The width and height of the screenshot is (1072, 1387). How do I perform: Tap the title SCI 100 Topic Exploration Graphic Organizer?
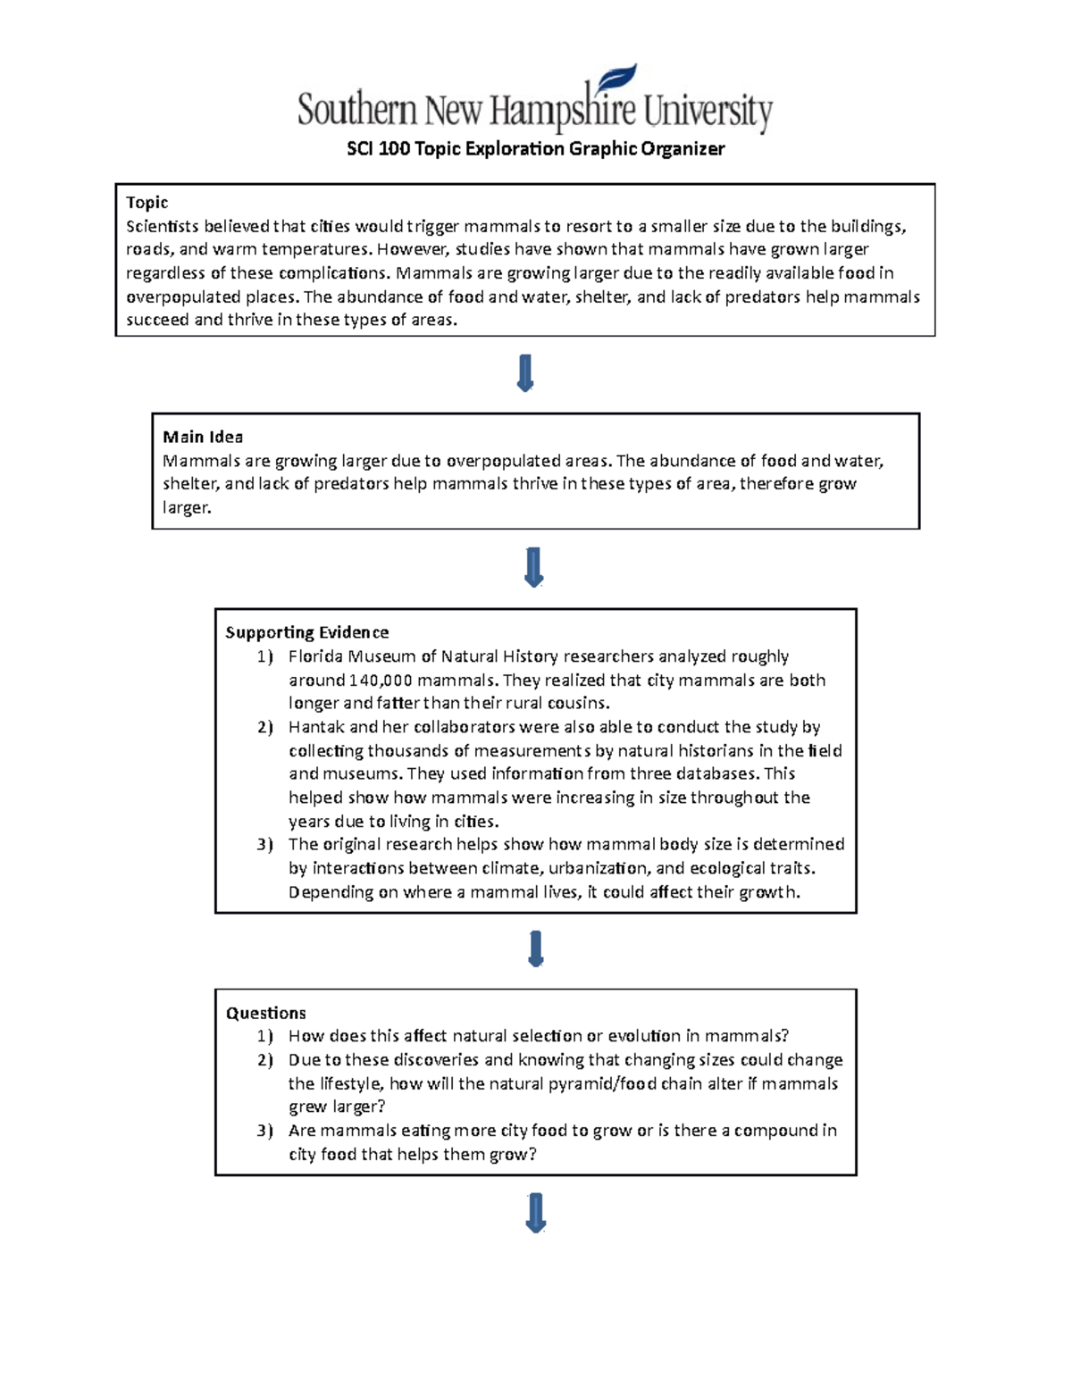pos(535,149)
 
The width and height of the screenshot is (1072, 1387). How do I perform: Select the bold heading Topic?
pos(147,203)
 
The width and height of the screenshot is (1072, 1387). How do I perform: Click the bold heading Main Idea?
pos(203,437)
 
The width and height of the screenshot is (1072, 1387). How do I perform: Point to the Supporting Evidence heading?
pos(306,632)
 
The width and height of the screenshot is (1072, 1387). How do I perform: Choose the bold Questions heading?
pos(265,1013)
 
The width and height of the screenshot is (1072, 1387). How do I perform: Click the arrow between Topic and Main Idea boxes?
pos(525,373)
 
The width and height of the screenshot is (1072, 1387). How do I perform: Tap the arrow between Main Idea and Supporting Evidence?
pos(534,567)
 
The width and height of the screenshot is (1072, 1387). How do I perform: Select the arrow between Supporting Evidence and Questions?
pos(536,949)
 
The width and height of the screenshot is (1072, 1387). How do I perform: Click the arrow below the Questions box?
pos(536,1213)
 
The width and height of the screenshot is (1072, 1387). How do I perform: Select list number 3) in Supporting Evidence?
pos(264,845)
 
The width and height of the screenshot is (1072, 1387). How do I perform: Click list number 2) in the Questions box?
pos(264,1060)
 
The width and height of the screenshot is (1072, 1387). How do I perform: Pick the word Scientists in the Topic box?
pos(162,226)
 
